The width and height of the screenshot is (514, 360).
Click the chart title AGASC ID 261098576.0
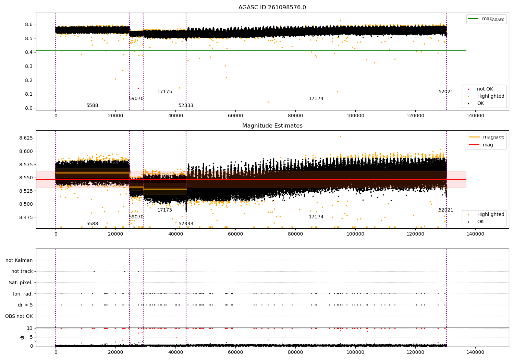point(272,8)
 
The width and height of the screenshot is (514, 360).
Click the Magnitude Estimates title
point(272,126)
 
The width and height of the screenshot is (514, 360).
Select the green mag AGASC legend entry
point(486,19)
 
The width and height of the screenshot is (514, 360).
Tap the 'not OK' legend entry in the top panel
point(485,89)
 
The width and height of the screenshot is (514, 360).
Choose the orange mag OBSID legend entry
point(486,137)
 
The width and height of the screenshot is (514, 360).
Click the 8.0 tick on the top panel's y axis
point(29,108)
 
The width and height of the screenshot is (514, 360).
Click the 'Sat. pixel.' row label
point(21,283)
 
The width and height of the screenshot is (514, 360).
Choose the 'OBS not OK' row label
point(19,316)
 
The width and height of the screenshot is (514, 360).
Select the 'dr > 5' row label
point(25,305)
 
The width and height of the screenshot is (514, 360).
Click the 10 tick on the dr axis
point(30,328)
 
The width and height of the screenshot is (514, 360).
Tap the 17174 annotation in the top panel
point(316,99)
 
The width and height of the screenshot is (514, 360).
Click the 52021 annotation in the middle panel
point(446,210)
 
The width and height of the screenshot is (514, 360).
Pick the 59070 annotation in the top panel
point(136,99)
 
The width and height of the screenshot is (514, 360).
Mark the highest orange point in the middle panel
point(340,136)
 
